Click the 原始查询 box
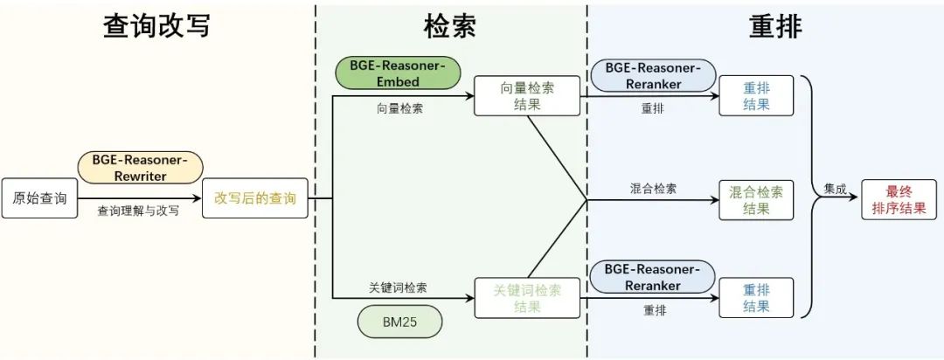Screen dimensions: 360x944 (39, 198)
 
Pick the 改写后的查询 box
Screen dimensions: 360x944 (255, 198)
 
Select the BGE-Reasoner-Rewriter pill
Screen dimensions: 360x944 (140, 167)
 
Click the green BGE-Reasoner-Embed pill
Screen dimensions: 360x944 (398, 74)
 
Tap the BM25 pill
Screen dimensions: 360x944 (399, 322)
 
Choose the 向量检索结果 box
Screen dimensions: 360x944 (527, 96)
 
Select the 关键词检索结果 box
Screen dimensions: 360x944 (527, 298)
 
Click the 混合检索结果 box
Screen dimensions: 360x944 (756, 199)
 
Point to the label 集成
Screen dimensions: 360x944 (834, 188)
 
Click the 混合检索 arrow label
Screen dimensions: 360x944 (653, 188)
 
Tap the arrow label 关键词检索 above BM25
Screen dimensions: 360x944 (398, 287)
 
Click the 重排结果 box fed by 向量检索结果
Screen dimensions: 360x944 (756, 96)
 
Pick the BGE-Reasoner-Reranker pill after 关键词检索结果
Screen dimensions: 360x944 (646, 276)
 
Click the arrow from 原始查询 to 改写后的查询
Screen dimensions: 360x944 (140, 198)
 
